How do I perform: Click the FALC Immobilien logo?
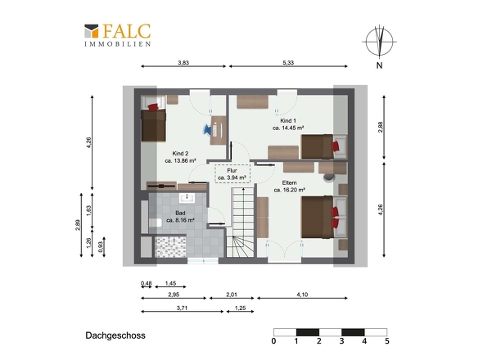[x=118, y=35]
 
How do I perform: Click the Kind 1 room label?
[x=288, y=124]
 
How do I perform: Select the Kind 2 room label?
[x=180, y=157]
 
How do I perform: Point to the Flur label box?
[x=232, y=174]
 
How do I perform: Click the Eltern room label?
[x=289, y=187]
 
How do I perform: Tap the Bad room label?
[x=180, y=217]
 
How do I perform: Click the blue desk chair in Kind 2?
[x=207, y=129]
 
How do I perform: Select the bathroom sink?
[x=187, y=198]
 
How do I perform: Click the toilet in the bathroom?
[x=156, y=223]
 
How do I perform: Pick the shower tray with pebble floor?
[x=170, y=246]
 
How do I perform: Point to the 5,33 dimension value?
[x=288, y=62]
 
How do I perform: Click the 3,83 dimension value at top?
[x=183, y=62]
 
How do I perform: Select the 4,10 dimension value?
[x=302, y=295]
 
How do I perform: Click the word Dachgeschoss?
[x=115, y=335]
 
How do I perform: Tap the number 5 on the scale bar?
[x=387, y=341]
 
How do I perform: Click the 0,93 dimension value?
[x=101, y=247]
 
